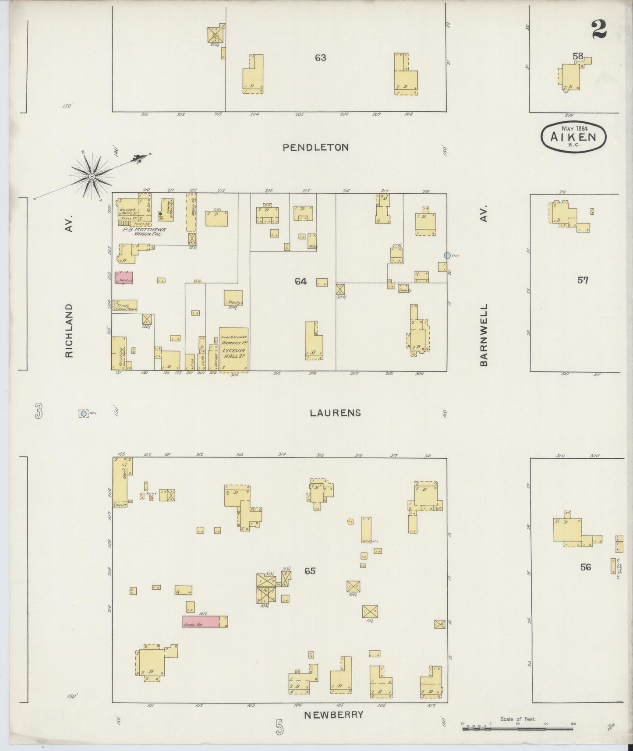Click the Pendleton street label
click(x=315, y=148)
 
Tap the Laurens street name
click(x=336, y=413)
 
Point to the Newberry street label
click(x=334, y=715)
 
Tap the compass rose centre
click(x=92, y=177)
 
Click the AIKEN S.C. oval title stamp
click(x=574, y=136)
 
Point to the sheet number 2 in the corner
click(x=598, y=30)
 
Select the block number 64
click(x=301, y=281)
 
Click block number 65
click(x=310, y=571)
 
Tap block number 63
click(x=320, y=57)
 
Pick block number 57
click(x=583, y=280)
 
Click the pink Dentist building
click(x=124, y=278)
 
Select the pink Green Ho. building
click(x=201, y=621)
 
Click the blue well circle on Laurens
click(x=83, y=413)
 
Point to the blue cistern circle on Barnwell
click(x=447, y=255)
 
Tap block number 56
click(x=585, y=567)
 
